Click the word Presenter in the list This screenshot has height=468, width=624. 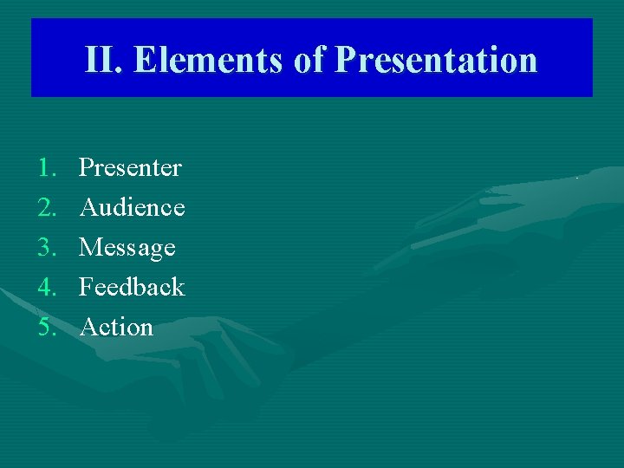pyautogui.click(x=130, y=167)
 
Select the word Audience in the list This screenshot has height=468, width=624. pyautogui.click(x=132, y=207)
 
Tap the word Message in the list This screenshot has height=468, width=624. pyautogui.click(x=127, y=248)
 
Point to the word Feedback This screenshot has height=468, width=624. pyautogui.click(x=132, y=287)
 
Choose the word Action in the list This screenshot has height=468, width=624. pyautogui.click(x=116, y=327)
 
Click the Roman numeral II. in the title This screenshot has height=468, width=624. pyautogui.click(x=105, y=60)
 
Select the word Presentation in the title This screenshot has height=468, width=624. pyautogui.click(x=436, y=60)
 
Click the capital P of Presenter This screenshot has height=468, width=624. pyautogui.click(x=86, y=167)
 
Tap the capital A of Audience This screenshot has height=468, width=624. pyautogui.click(x=88, y=207)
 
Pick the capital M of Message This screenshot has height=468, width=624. pyautogui.click(x=90, y=248)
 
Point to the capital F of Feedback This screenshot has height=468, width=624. pyautogui.click(x=86, y=287)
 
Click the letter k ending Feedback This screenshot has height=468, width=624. pyautogui.click(x=178, y=287)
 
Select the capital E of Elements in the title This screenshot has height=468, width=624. pyautogui.click(x=146, y=60)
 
